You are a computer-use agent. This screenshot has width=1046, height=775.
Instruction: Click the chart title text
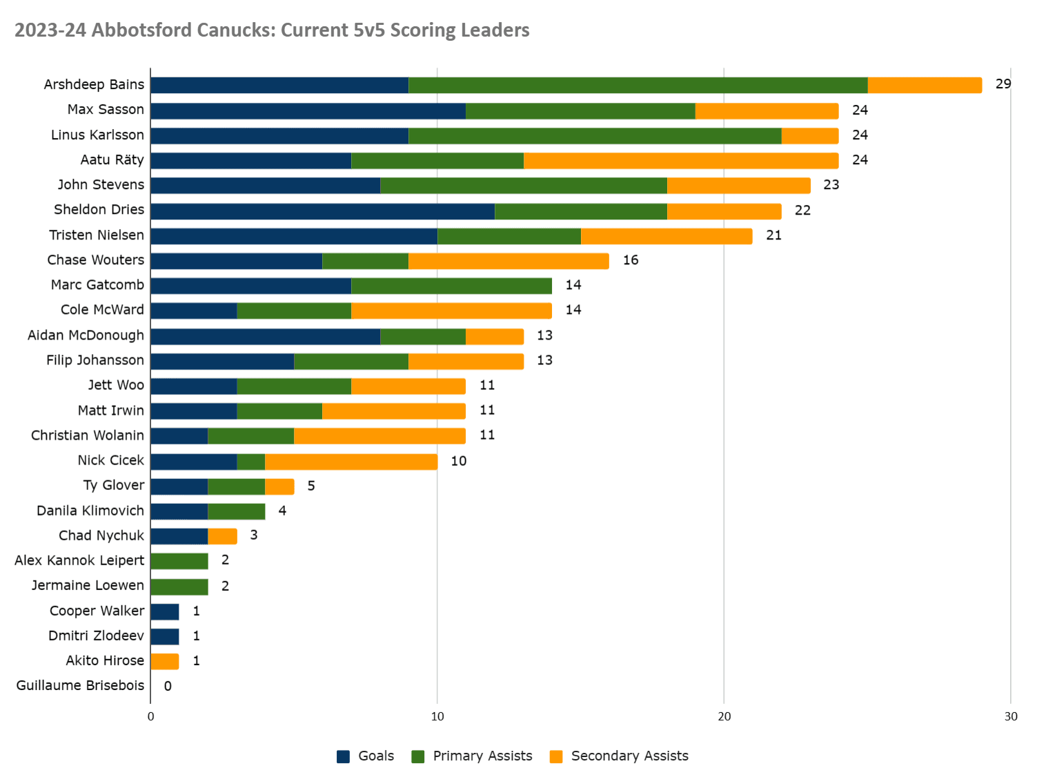pos(272,30)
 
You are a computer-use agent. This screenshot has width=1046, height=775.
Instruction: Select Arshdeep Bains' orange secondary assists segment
pos(925,85)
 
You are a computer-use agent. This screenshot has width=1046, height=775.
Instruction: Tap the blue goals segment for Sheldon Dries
pos(322,210)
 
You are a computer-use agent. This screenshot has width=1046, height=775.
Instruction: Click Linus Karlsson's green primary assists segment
pos(595,135)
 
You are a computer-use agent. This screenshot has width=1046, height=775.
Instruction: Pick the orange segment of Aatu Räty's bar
pos(681,160)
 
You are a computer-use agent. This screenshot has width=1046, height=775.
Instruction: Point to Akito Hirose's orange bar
pos(165,661)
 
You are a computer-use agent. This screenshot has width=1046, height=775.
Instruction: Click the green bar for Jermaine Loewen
pos(179,587)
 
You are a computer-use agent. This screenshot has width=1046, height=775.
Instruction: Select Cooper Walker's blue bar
pos(165,611)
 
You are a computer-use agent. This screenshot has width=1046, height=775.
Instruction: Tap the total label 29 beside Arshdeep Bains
pos(1003,84)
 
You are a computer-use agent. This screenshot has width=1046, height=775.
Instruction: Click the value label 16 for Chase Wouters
pos(631,260)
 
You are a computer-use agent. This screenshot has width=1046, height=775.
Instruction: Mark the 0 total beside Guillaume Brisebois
pos(168,686)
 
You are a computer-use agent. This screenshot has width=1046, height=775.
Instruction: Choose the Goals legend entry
pos(366,756)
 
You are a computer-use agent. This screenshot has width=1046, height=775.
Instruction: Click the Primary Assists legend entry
pos(473,756)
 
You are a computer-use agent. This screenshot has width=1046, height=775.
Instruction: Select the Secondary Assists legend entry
pos(620,756)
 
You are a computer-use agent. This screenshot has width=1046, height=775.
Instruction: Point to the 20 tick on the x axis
pos(724,716)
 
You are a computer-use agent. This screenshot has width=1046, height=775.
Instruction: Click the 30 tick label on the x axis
pos(1010,716)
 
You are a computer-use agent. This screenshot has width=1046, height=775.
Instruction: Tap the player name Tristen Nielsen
pos(97,235)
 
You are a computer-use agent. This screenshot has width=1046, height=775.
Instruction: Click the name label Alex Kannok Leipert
pos(79,560)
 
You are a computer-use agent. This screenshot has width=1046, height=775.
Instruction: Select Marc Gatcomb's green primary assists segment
pos(451,286)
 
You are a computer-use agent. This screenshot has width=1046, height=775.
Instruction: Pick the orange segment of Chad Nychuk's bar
pos(222,536)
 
